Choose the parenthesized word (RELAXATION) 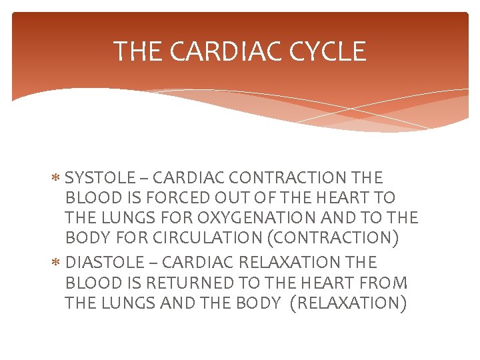pyautogui.click(x=348, y=303)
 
